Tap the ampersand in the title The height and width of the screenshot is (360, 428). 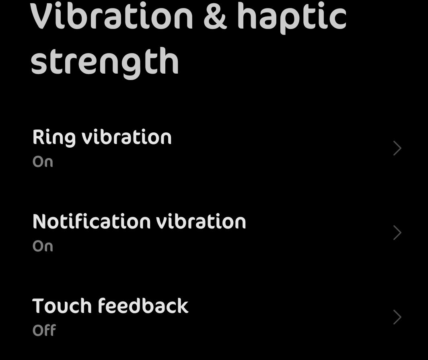coord(215,17)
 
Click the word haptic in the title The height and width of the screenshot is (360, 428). coord(292,18)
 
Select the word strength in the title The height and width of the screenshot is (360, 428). coord(105,63)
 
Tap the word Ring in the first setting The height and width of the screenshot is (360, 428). coord(54,138)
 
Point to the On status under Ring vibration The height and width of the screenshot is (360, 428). coord(43,162)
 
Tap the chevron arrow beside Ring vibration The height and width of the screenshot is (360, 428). coord(397,148)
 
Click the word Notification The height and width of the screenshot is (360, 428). coord(91,221)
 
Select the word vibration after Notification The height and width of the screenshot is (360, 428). coord(201,221)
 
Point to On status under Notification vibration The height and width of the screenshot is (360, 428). coord(43,246)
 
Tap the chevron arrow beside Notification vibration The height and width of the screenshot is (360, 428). coord(397,232)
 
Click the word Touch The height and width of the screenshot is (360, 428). coord(62,306)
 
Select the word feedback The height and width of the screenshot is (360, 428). coord(143,305)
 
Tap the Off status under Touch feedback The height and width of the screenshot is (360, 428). coord(44,330)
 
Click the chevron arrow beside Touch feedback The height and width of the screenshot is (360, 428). coord(397,317)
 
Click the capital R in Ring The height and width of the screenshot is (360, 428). coord(39,137)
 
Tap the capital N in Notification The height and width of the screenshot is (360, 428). coord(40,221)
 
